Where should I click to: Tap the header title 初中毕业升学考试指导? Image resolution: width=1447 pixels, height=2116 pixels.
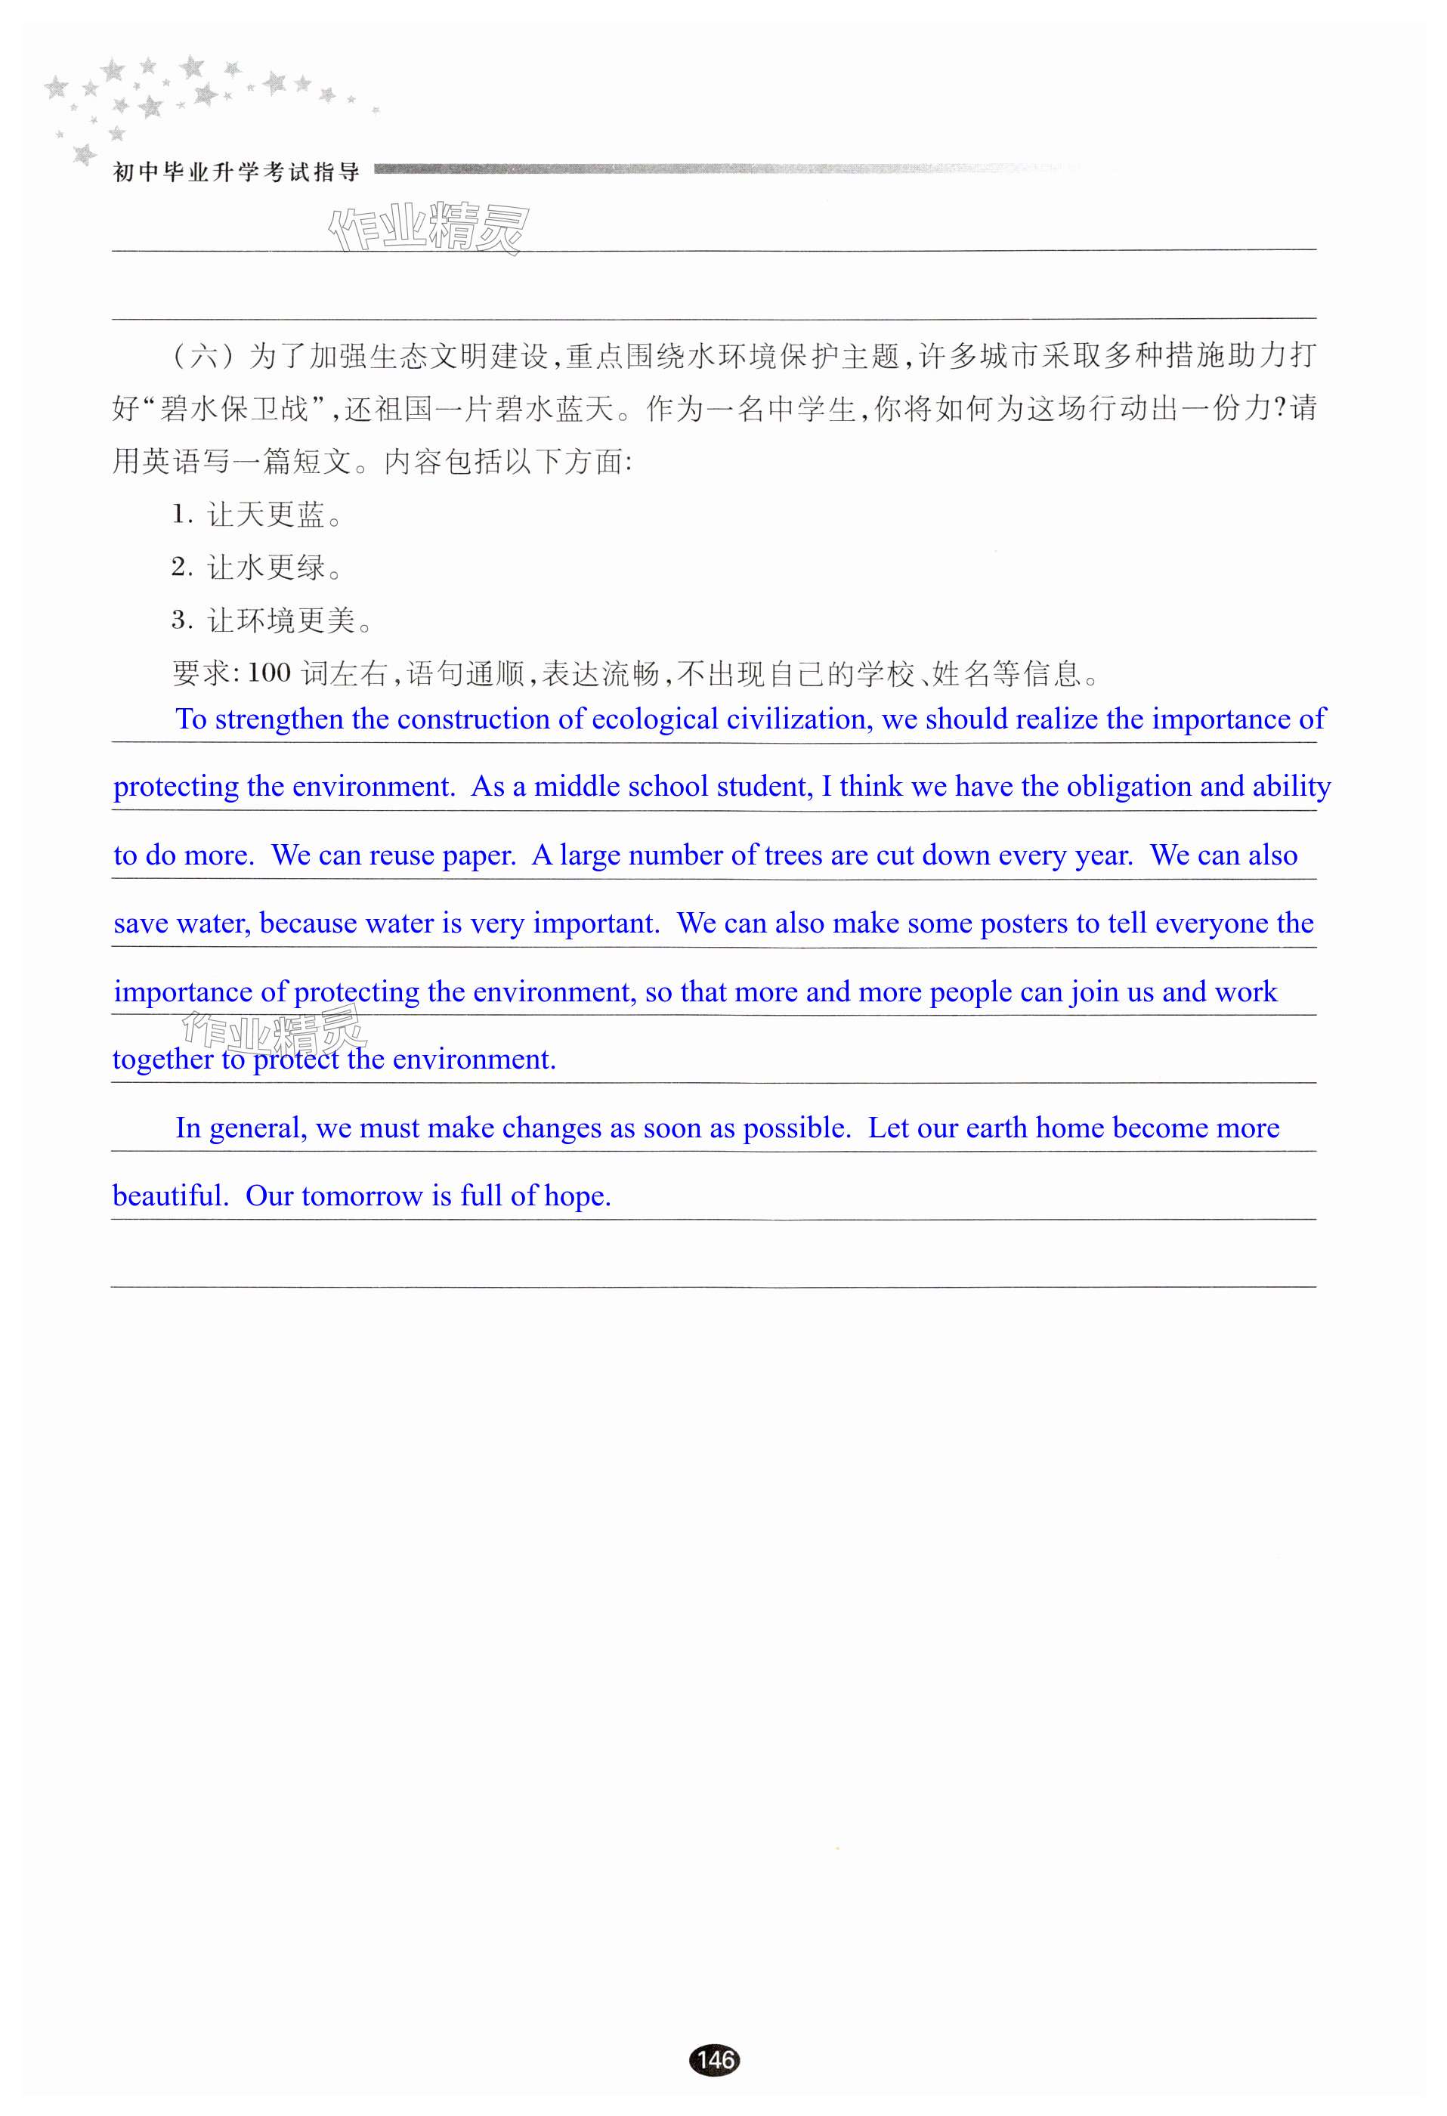coord(236,172)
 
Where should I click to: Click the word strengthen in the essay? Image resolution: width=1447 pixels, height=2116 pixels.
coord(280,719)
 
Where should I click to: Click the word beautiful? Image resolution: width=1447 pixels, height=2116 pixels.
coord(169,1196)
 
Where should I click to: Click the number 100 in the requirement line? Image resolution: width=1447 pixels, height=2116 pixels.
coord(269,674)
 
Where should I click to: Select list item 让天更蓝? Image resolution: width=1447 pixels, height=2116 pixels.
coord(265,516)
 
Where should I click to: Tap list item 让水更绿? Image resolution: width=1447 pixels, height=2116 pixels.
coord(265,569)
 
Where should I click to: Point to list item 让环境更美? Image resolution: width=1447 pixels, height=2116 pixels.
coord(280,622)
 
